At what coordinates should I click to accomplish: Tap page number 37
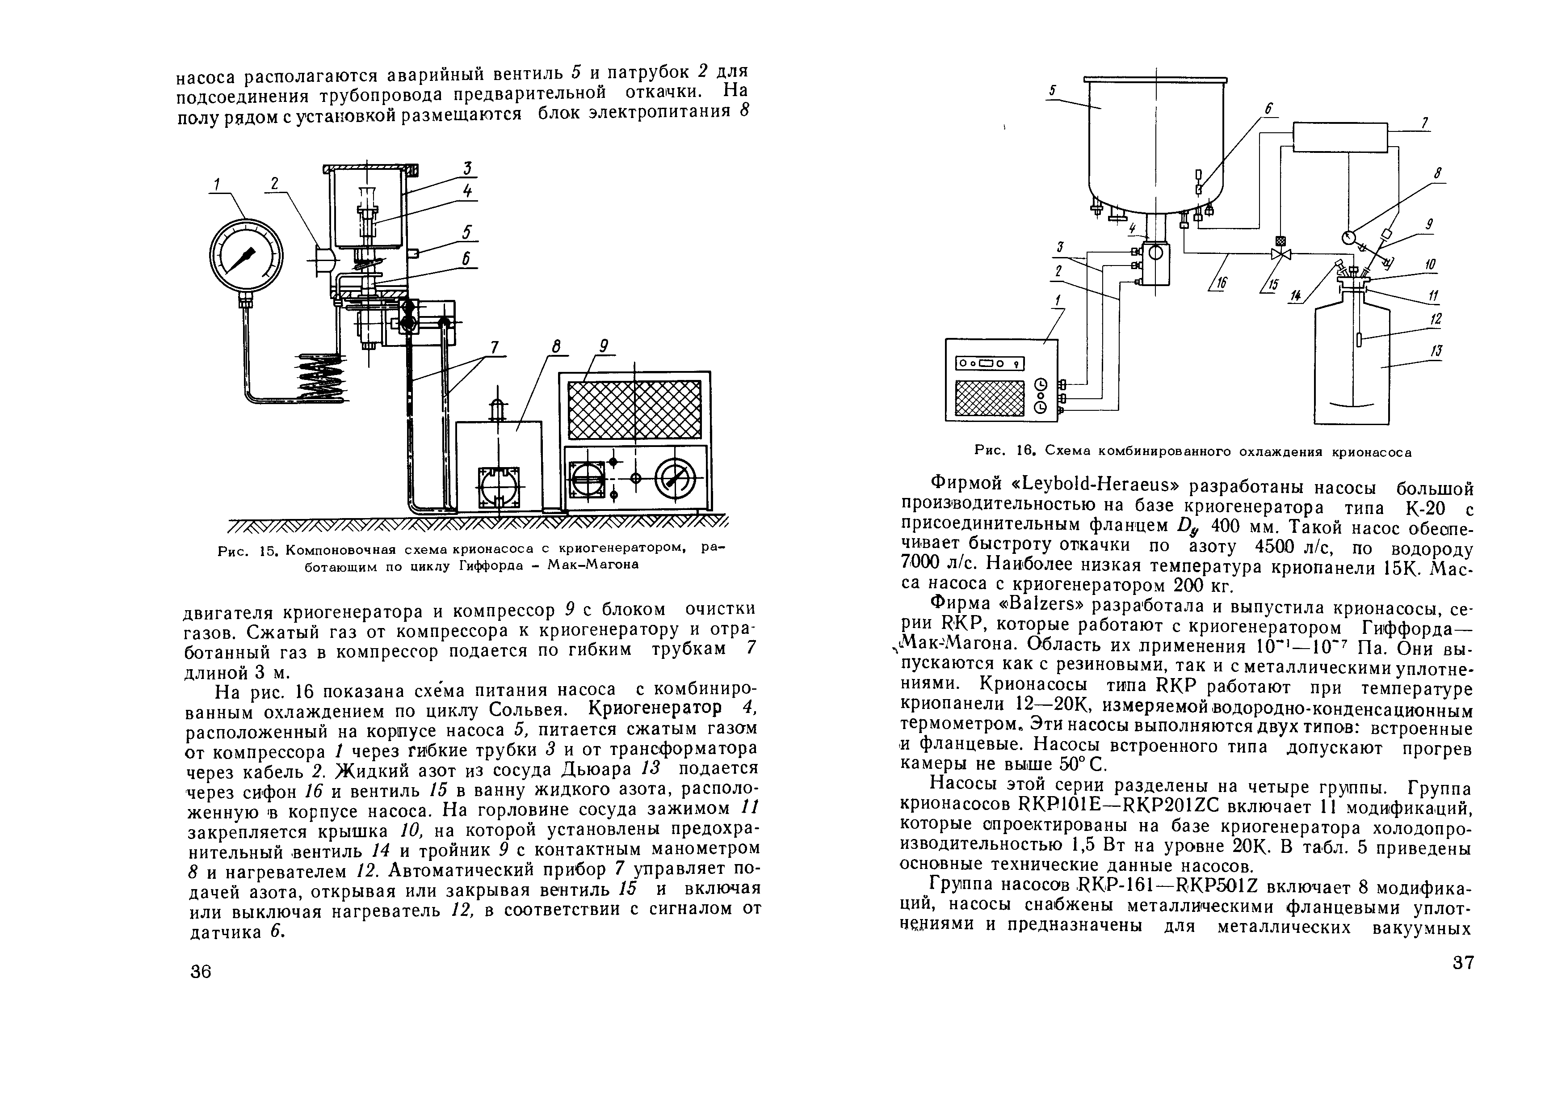pyautogui.click(x=1461, y=963)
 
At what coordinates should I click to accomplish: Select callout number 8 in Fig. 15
pyautogui.click(x=556, y=348)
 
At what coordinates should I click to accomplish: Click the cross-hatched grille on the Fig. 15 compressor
pyautogui.click(x=634, y=410)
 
